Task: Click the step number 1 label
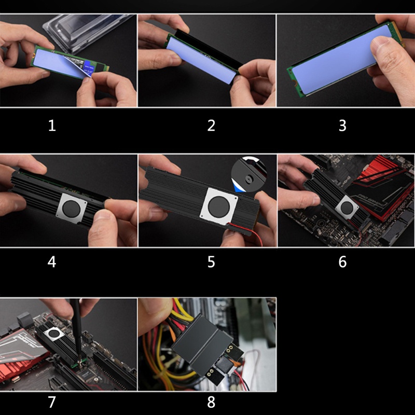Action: point(52,126)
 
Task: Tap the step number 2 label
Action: point(211,126)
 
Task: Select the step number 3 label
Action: point(342,126)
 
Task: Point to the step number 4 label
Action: point(52,262)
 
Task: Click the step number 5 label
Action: point(211,262)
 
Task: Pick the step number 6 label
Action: point(342,262)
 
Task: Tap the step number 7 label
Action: point(52,402)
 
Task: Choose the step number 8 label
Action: point(211,402)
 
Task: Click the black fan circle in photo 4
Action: point(71,209)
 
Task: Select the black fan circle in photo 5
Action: point(219,207)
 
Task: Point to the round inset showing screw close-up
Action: point(249,174)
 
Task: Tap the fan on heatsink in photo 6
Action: point(347,208)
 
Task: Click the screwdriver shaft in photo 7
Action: point(77,331)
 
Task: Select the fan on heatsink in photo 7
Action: point(54,333)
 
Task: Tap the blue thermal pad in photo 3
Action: point(342,60)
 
